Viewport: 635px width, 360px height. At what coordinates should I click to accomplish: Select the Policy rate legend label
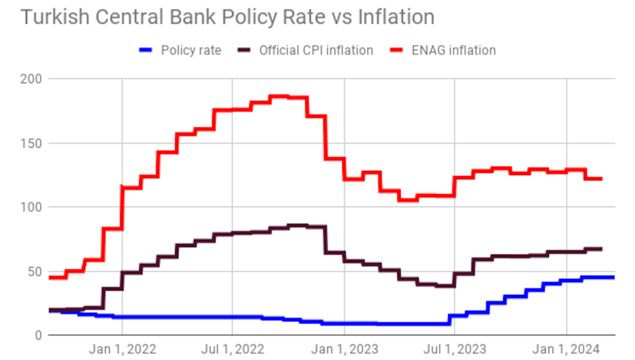point(190,50)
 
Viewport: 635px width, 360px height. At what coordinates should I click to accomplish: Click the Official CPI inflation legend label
point(316,50)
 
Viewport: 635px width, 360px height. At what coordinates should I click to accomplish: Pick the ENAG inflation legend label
point(454,50)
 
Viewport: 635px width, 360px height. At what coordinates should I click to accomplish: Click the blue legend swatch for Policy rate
point(147,50)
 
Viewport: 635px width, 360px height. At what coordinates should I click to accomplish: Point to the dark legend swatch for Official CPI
point(246,50)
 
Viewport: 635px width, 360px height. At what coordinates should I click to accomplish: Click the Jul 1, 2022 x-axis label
point(233,349)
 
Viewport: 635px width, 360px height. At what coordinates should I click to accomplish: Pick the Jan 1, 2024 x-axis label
point(566,349)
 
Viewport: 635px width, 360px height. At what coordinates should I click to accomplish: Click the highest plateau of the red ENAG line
point(280,96)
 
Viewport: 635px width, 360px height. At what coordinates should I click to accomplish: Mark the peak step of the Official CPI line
point(298,225)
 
